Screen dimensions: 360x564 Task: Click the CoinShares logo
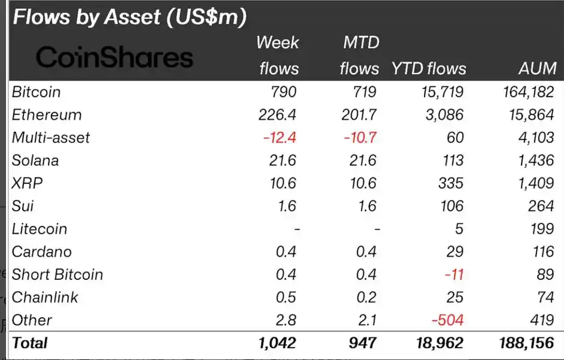coord(114,58)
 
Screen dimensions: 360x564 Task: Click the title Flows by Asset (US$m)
coord(129,17)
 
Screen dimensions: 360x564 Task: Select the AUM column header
coord(537,68)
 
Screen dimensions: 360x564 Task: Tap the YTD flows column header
coord(429,68)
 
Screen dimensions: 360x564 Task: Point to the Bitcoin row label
coord(36,92)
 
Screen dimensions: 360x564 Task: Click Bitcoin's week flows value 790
coord(281,92)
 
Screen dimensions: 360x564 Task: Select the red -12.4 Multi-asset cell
coord(280,137)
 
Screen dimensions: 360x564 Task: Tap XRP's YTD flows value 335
coord(450,183)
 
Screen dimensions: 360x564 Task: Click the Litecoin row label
coord(40,228)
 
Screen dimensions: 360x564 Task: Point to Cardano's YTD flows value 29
coord(454,252)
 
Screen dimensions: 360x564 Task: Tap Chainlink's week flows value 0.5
coord(286,297)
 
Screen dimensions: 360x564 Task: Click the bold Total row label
coord(29,343)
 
